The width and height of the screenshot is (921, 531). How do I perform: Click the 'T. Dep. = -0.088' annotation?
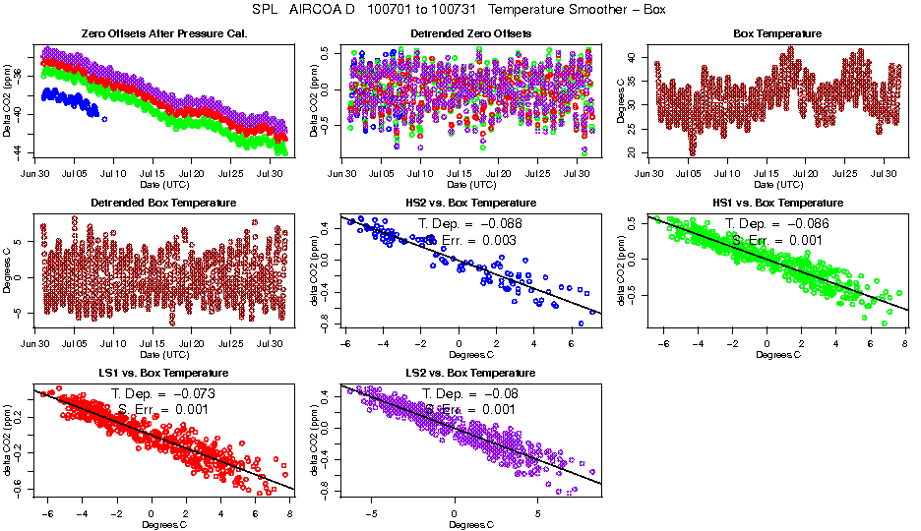pos(470,223)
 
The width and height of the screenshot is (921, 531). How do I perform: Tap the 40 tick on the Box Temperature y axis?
pos(636,56)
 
